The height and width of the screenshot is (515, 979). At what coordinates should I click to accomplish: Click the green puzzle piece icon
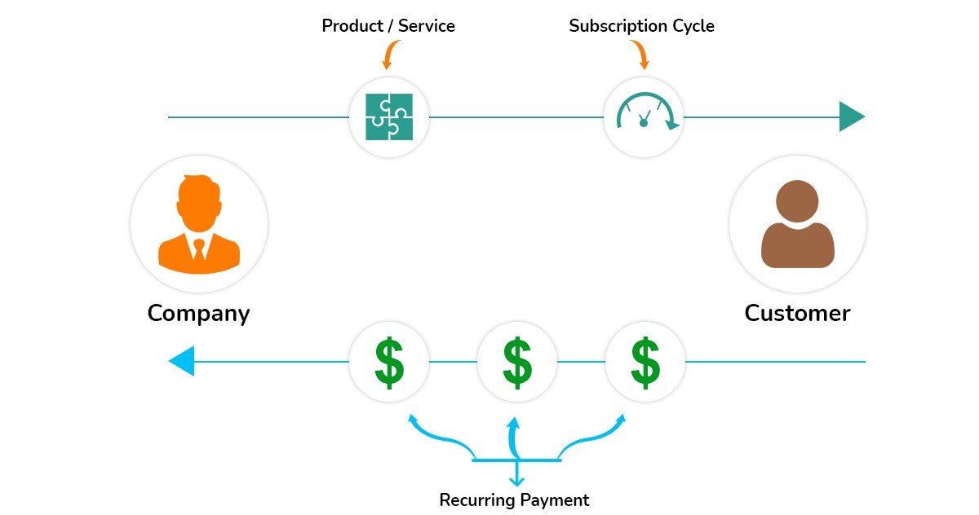pos(389,117)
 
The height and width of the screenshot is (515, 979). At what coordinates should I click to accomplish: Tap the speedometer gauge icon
pos(644,115)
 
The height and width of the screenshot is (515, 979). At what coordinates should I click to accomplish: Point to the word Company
pos(198,314)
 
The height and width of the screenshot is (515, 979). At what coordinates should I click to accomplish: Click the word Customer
pos(797,313)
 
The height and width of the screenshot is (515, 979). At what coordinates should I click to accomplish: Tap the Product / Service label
pos(388,26)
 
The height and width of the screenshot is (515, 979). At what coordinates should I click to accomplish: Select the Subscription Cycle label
pos(641,26)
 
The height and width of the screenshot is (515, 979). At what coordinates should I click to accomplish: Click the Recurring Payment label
pos(514,500)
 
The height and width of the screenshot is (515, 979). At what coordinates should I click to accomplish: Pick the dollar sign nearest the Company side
pos(389,362)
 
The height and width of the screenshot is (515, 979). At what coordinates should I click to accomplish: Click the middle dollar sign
pos(516,362)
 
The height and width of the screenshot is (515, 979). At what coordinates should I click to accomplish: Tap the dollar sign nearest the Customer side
pos(645,362)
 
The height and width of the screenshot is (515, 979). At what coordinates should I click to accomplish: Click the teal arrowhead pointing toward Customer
pos(851,117)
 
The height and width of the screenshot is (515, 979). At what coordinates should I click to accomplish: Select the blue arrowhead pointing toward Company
pos(182,361)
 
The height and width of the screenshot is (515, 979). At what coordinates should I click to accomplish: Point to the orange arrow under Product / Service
pos(388,55)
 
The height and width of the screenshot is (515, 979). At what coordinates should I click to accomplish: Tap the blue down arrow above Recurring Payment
pos(516,476)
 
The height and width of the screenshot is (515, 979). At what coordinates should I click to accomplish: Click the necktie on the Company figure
pos(199,248)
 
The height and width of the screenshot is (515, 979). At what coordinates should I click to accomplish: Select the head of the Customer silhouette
pos(797,200)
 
